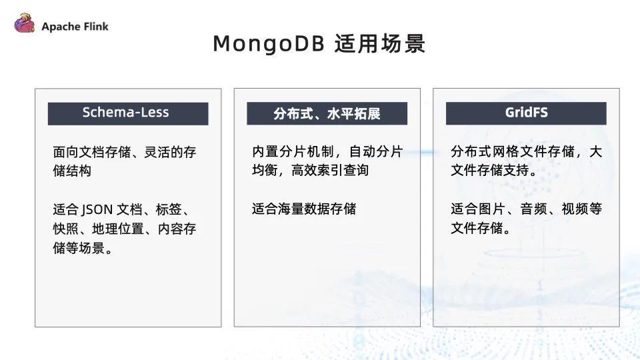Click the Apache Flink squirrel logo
(25, 23)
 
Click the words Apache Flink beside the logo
(75, 27)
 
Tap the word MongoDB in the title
(269, 44)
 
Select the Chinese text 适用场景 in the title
(380, 44)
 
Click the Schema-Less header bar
(128, 113)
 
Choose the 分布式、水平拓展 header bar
(327, 113)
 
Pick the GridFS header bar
(526, 113)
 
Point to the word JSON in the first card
(97, 209)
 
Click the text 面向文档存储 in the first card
(92, 152)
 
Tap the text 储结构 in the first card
(72, 171)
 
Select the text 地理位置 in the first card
(118, 229)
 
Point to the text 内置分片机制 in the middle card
(291, 151)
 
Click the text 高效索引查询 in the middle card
(330, 170)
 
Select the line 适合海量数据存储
(304, 209)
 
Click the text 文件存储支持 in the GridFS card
(490, 170)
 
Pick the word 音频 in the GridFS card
(533, 209)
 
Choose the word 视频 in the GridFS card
(575, 209)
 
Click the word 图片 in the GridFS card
(492, 209)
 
